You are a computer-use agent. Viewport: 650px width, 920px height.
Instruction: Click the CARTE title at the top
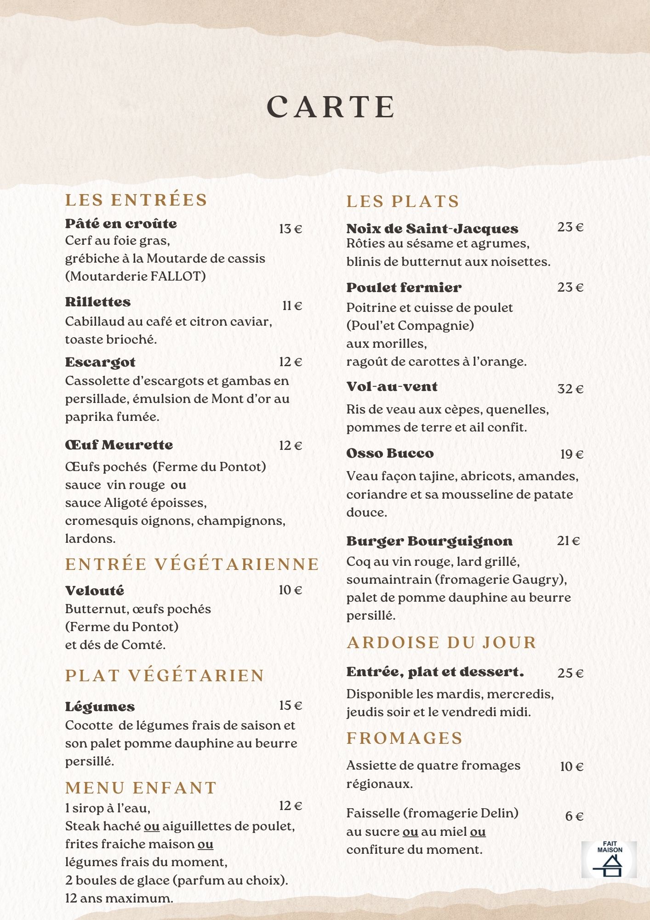click(331, 107)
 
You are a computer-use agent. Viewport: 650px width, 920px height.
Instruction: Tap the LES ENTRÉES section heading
click(136, 200)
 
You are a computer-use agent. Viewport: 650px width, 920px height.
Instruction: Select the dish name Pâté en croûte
click(121, 224)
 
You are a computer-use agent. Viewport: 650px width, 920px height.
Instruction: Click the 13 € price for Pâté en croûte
click(291, 229)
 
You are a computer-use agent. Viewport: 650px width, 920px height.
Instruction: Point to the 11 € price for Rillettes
click(292, 306)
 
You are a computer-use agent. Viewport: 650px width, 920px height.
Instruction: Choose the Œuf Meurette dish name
click(119, 445)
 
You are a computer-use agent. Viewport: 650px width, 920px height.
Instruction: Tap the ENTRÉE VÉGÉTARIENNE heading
click(192, 564)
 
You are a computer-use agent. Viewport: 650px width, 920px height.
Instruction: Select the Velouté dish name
click(95, 591)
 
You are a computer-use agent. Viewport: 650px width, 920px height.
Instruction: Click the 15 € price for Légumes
click(291, 706)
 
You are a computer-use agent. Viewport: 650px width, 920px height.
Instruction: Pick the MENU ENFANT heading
click(141, 788)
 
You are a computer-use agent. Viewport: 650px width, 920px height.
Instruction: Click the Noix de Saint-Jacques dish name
click(432, 229)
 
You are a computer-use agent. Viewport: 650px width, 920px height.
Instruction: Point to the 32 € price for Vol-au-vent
click(570, 389)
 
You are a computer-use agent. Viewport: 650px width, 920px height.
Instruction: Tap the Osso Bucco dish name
click(390, 454)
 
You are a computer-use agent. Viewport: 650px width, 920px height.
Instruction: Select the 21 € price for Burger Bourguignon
click(569, 541)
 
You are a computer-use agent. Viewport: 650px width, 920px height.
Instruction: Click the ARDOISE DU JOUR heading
click(442, 643)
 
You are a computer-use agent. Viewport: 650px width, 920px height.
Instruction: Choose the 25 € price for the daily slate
click(570, 673)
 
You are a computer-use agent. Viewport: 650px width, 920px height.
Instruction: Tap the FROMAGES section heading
click(405, 738)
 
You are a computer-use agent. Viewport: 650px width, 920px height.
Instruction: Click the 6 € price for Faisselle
click(574, 816)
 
